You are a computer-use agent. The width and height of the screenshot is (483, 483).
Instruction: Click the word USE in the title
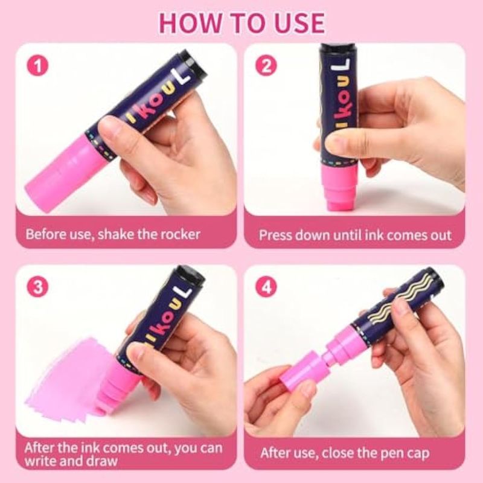pos(299,23)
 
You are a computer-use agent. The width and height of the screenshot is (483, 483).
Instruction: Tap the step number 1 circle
pos(37,66)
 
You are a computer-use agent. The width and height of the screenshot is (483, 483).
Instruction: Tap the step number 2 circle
pos(266,66)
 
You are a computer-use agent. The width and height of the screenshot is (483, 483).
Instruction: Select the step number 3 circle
pos(37,287)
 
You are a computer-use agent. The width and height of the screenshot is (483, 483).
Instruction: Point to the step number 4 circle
pos(266,287)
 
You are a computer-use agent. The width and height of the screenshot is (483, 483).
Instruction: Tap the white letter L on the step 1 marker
pos(185,74)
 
